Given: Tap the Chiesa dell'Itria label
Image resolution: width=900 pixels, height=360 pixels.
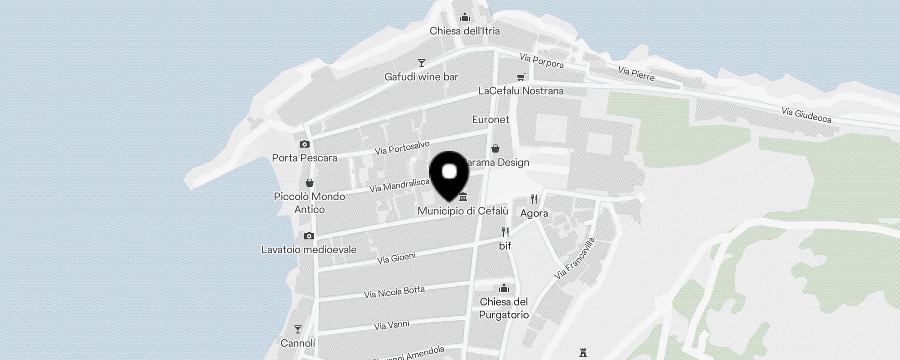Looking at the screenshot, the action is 464,31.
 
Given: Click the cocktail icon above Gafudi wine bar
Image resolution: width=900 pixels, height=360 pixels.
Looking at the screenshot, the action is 421,63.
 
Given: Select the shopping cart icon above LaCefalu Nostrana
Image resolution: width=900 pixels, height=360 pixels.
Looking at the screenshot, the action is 521,77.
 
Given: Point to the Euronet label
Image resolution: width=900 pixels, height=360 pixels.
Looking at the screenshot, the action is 490,120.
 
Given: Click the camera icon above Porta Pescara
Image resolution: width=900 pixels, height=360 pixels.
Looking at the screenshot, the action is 305,144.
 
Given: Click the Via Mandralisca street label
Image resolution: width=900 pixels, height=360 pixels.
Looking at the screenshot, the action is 399,185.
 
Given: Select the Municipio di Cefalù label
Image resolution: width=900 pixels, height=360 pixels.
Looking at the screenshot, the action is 463,211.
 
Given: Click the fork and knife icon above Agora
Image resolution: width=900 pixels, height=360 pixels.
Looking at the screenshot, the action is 534,199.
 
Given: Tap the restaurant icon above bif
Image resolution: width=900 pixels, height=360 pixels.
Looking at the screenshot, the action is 505,232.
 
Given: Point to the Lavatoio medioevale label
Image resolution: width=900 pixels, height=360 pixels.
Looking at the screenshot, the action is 309,250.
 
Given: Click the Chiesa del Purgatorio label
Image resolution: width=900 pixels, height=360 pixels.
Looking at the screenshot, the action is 504,308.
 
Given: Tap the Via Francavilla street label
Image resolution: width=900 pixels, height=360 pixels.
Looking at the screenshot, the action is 575,258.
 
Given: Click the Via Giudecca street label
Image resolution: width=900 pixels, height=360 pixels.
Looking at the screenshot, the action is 806,115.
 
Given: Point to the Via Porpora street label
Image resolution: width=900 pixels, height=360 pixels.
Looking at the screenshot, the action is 541,61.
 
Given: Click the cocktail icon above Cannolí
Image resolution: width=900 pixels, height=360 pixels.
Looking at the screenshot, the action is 297,329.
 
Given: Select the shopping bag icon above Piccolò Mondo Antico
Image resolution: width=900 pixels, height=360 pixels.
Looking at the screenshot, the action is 309,183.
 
